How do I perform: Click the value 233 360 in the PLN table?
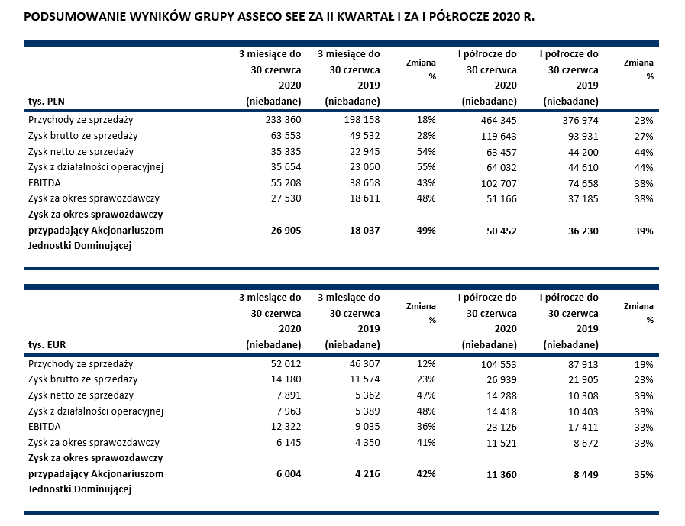(281, 120)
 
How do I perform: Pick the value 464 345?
(498, 120)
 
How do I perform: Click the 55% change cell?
(426, 167)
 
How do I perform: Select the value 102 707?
(498, 183)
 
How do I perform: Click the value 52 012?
(284, 364)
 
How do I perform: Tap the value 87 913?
(580, 364)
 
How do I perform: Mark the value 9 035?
(366, 427)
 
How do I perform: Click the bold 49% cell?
(426, 230)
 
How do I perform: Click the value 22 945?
(363, 152)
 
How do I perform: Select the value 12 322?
(284, 427)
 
